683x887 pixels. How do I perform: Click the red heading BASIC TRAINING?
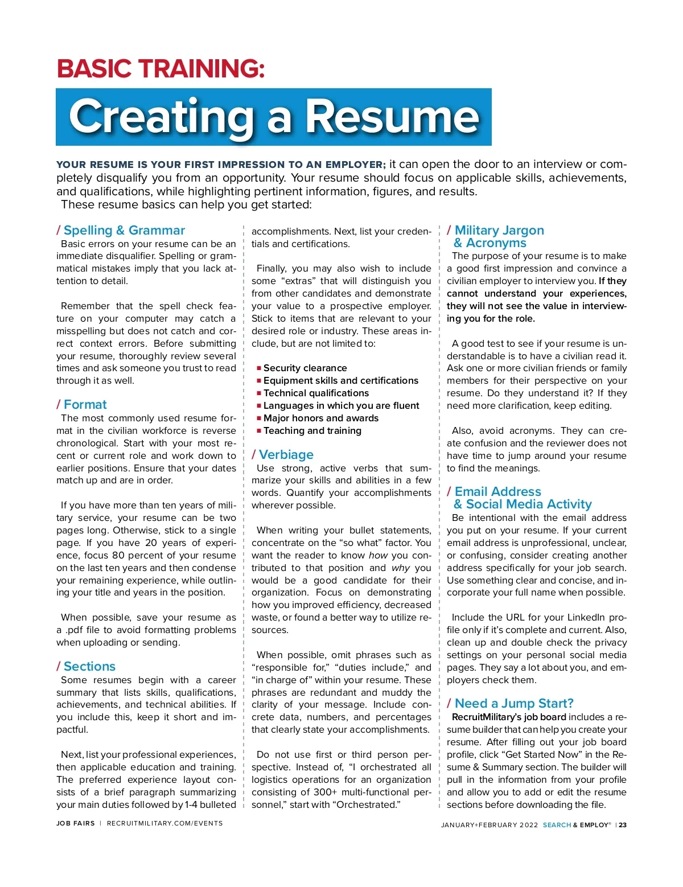[x=161, y=69]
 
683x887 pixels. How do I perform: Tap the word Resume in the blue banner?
[x=393, y=117]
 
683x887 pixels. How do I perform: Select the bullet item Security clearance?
[x=305, y=368]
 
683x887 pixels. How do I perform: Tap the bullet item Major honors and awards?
[x=321, y=418]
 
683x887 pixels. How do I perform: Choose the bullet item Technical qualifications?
[x=316, y=393]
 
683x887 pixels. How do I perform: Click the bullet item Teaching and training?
[x=312, y=431]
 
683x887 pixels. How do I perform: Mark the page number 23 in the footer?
[x=623, y=825]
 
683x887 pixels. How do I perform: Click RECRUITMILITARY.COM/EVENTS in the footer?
[x=165, y=823]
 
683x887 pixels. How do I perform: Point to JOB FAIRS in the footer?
[x=76, y=823]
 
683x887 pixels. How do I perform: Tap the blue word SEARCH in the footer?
[x=557, y=825]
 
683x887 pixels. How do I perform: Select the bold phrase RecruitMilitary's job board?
[x=509, y=717]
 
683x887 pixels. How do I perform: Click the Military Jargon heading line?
[x=499, y=231]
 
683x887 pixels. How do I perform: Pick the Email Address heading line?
[x=497, y=492]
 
